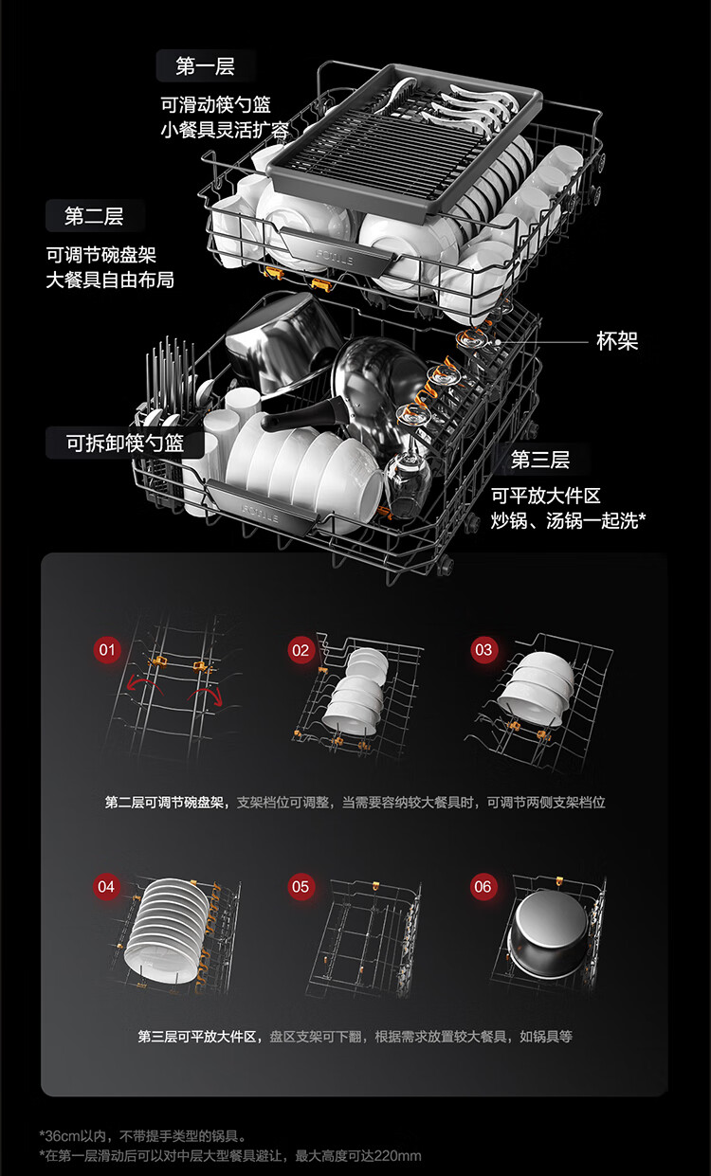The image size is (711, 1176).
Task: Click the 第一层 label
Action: click(x=206, y=66)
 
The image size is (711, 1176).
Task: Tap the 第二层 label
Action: click(x=95, y=216)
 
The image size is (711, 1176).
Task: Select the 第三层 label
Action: click(x=540, y=460)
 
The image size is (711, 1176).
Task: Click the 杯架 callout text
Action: click(x=617, y=341)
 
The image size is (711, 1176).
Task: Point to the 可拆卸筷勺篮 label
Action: click(x=125, y=443)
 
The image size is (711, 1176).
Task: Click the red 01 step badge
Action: click(x=107, y=650)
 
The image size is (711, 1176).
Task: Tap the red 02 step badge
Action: click(x=301, y=650)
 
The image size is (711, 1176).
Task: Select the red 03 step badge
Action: click(x=483, y=650)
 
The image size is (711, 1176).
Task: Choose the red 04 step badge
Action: click(x=106, y=887)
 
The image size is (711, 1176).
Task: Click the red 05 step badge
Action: click(x=301, y=887)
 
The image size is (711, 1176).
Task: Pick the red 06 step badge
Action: click(x=483, y=887)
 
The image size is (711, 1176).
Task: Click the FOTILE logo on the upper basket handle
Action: click(x=334, y=257)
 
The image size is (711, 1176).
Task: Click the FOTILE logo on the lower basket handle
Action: click(x=260, y=513)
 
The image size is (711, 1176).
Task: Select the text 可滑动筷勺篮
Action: click(x=215, y=104)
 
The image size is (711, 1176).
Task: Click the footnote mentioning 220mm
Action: click(x=230, y=1155)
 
